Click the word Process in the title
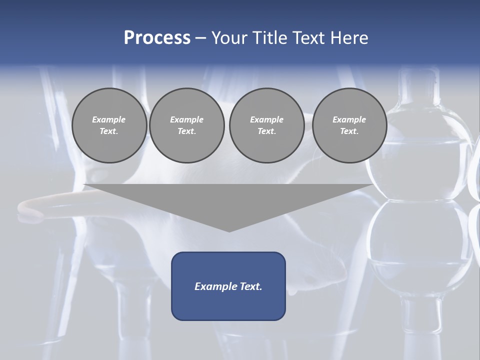pyautogui.click(x=157, y=38)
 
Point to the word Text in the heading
pyautogui.click(x=309, y=38)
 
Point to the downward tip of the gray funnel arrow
pyautogui.click(x=229, y=231)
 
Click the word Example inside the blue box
pyautogui.click(x=215, y=286)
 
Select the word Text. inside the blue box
pyautogui.click(x=250, y=286)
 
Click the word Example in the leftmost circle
pyautogui.click(x=109, y=119)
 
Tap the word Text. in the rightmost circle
pyautogui.click(x=349, y=131)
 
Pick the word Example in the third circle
pyautogui.click(x=266, y=119)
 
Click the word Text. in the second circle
pyautogui.click(x=186, y=131)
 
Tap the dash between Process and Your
pyautogui.click(x=201, y=38)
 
